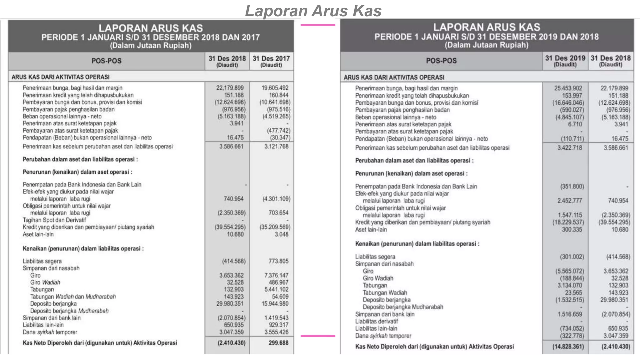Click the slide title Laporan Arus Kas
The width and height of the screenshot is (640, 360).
(313, 11)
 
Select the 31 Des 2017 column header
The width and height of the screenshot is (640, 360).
(271, 61)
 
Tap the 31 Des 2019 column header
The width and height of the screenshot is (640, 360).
(565, 61)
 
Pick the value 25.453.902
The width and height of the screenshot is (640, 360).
(568, 88)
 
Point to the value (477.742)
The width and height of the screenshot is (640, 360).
(278, 131)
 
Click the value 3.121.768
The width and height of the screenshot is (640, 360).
(276, 146)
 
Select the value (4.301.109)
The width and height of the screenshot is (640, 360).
(276, 199)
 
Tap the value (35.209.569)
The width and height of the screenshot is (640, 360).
(275, 227)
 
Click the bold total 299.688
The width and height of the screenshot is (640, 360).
(278, 343)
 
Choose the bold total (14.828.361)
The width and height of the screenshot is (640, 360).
(568, 347)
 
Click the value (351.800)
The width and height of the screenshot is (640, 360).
(572, 187)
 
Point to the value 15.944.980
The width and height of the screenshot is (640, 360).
(275, 303)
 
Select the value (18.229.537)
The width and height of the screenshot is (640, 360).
(568, 222)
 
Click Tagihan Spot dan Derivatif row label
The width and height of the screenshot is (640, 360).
(54, 220)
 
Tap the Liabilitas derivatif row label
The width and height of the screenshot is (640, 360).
(376, 321)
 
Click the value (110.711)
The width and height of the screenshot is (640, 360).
(572, 138)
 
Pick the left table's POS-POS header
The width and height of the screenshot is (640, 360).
(106, 61)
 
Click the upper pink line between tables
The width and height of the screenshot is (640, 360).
(317, 25)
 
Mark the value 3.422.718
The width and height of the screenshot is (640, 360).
(570, 147)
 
